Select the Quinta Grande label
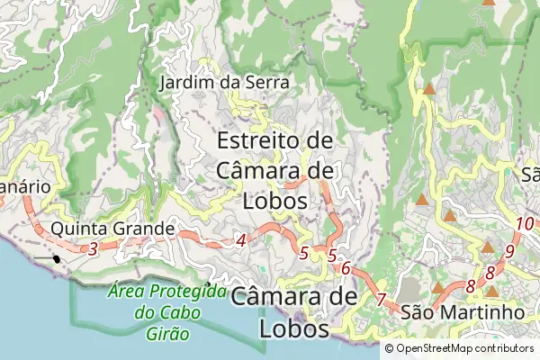[112, 229]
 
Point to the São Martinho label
[463, 311]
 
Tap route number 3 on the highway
[93, 248]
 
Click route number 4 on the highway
[240, 240]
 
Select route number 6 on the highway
[345, 268]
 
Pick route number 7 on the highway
[381, 299]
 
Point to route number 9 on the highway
[509, 251]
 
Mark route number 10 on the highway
[525, 223]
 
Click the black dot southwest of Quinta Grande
[57, 259]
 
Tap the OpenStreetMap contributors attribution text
[459, 349]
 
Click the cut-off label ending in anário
[24, 186]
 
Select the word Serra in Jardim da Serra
[267, 83]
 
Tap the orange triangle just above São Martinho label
[438, 288]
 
